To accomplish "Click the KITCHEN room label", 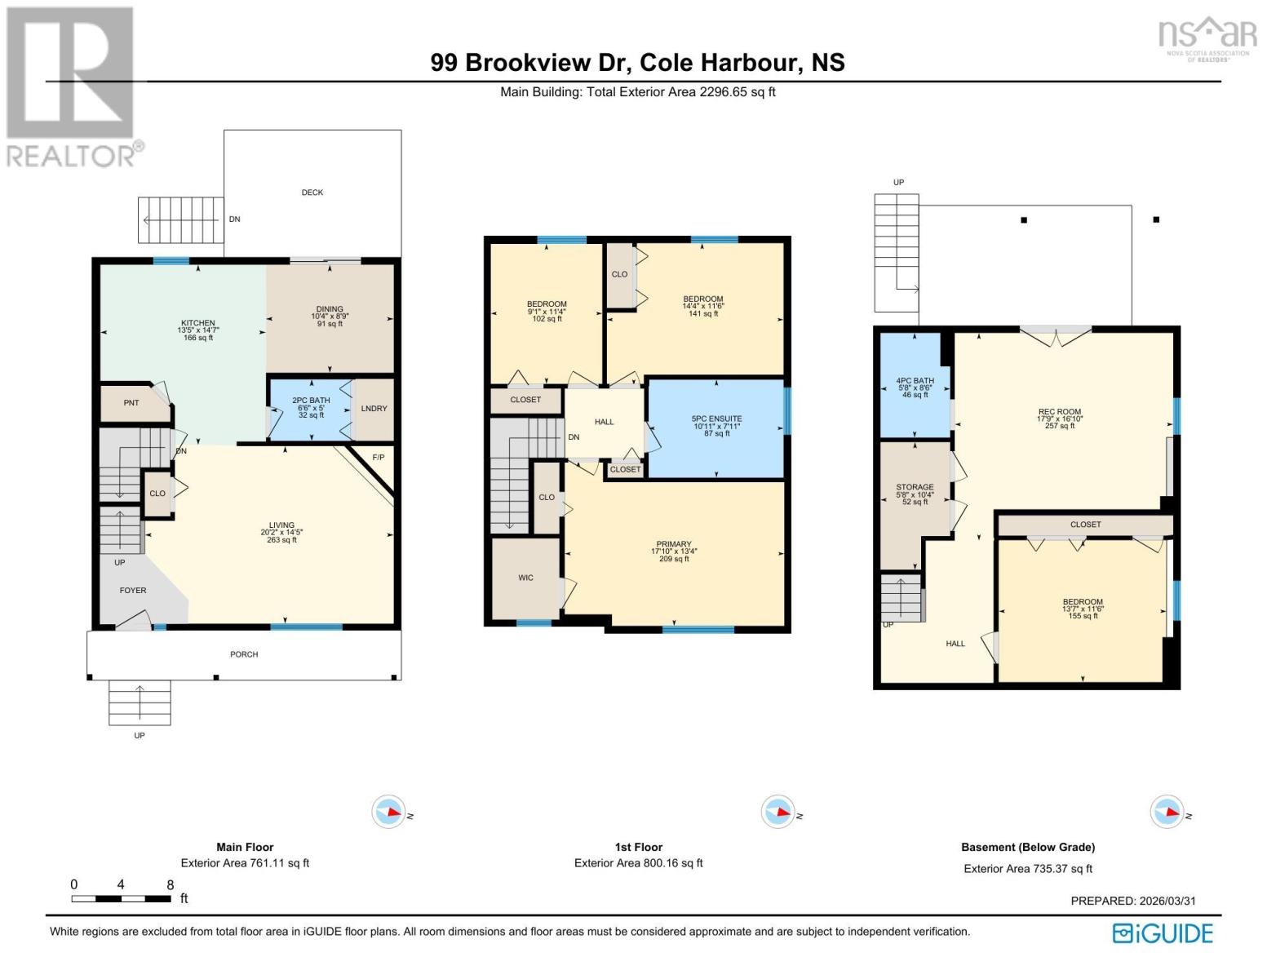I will click(198, 324).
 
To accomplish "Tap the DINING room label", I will click(330, 310).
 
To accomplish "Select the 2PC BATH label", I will click(311, 401).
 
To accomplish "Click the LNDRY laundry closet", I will click(374, 409).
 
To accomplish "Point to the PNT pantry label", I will click(131, 403).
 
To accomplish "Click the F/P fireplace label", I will click(379, 458).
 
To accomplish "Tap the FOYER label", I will click(133, 591).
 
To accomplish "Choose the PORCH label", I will click(244, 654).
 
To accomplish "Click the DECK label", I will click(312, 193).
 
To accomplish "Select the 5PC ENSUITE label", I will click(716, 419).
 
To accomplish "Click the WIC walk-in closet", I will click(525, 578).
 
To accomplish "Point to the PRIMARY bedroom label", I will click(674, 544).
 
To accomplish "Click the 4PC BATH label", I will click(915, 381).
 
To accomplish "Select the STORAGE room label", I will click(915, 487).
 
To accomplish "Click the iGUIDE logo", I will click(1163, 933).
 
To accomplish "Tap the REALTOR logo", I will click(70, 86).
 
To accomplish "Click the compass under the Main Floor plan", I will click(388, 813).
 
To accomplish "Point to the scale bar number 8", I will click(170, 884).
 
